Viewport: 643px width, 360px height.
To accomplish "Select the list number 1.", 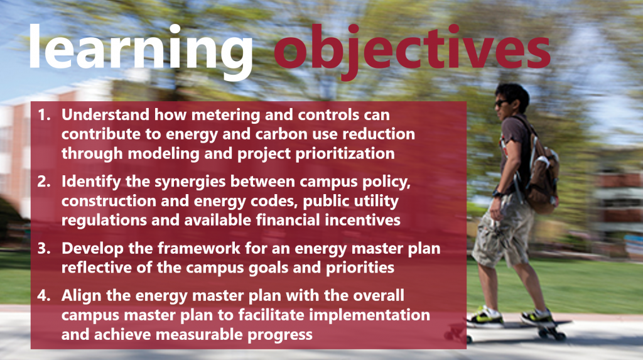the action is click(44, 115).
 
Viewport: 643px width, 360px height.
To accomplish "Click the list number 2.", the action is click(44, 182).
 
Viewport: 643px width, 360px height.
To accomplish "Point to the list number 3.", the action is click(44, 248).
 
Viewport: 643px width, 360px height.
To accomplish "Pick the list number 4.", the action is click(44, 295).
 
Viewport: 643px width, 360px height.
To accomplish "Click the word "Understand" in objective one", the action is click(105, 115).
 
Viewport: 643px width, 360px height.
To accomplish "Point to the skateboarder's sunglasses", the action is click(501, 103).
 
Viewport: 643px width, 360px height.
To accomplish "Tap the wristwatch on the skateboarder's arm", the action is click(498, 194).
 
